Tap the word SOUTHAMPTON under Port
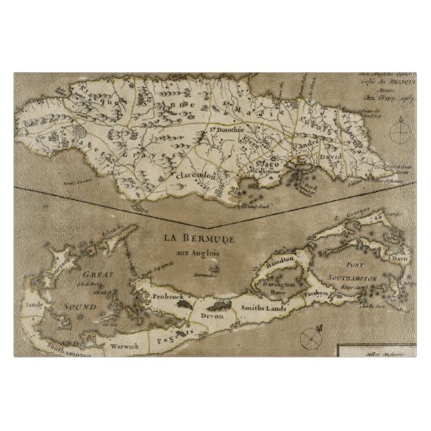(x=353, y=278)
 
